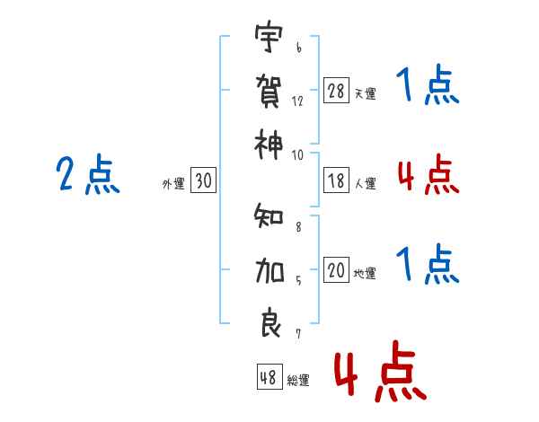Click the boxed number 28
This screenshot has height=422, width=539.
336,91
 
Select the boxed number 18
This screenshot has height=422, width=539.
336,181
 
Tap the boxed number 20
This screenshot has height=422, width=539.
336,271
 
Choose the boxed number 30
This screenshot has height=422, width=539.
203,181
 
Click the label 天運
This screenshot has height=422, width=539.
365,93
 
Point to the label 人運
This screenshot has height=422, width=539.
365,184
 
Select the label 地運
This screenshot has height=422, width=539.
365,274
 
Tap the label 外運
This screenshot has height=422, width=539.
173,184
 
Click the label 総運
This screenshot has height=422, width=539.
298,380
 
